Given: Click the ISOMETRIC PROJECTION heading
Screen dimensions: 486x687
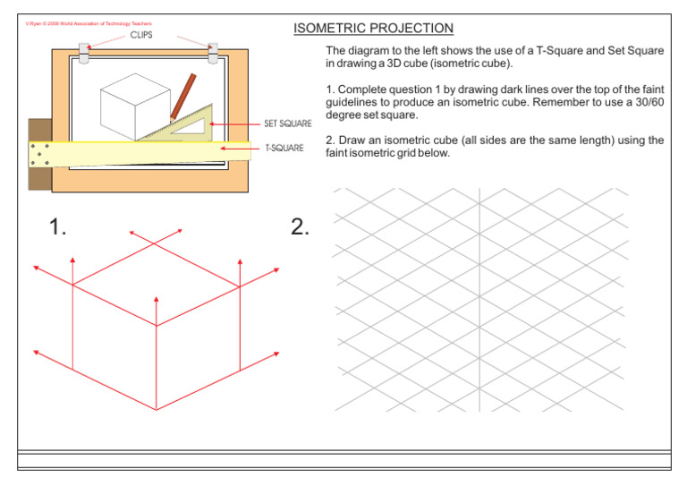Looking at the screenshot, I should click(373, 29).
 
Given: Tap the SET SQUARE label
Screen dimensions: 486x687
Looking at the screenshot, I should click(287, 124).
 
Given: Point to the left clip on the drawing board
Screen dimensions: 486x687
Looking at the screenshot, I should click(85, 52).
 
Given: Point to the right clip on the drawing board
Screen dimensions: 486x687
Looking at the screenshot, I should click(213, 52).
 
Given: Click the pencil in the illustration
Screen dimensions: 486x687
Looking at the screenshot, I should click(183, 97).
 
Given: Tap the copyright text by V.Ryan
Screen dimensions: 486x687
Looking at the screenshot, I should click(87, 23).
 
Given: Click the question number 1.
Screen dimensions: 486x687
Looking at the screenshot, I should click(58, 228).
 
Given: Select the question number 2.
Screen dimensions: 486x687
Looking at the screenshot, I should click(301, 228).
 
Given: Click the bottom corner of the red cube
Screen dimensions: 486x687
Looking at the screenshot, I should click(157, 410).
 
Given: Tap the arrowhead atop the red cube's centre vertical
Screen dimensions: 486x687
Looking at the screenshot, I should click(157, 299).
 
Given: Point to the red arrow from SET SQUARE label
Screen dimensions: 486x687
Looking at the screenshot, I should click(237, 125).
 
